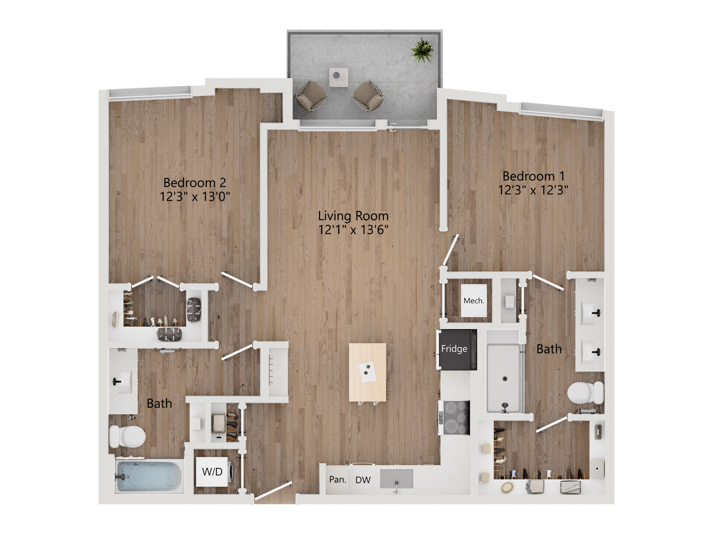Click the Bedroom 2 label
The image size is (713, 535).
194,182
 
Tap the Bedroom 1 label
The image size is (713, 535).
533,176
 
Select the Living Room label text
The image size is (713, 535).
353,216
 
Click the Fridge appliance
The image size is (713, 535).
456,349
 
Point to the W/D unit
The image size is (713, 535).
212,471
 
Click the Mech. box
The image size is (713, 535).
473,301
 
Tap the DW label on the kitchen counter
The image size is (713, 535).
363,480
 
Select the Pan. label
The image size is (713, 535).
338,480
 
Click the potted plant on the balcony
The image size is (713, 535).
422,50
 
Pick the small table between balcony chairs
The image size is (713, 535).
338,77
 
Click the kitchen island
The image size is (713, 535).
367,372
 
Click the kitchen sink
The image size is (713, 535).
397,479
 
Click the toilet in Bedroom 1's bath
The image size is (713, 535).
585,393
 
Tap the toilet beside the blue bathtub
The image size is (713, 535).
127,437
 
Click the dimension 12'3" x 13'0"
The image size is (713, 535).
195,197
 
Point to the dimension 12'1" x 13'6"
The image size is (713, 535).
353,230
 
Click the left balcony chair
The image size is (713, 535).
311,96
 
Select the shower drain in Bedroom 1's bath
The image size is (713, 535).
505,379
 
